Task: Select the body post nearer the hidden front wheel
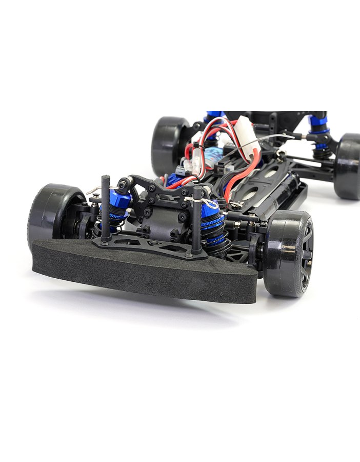click(x=105, y=208)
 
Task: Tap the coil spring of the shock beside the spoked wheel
click(x=218, y=236)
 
